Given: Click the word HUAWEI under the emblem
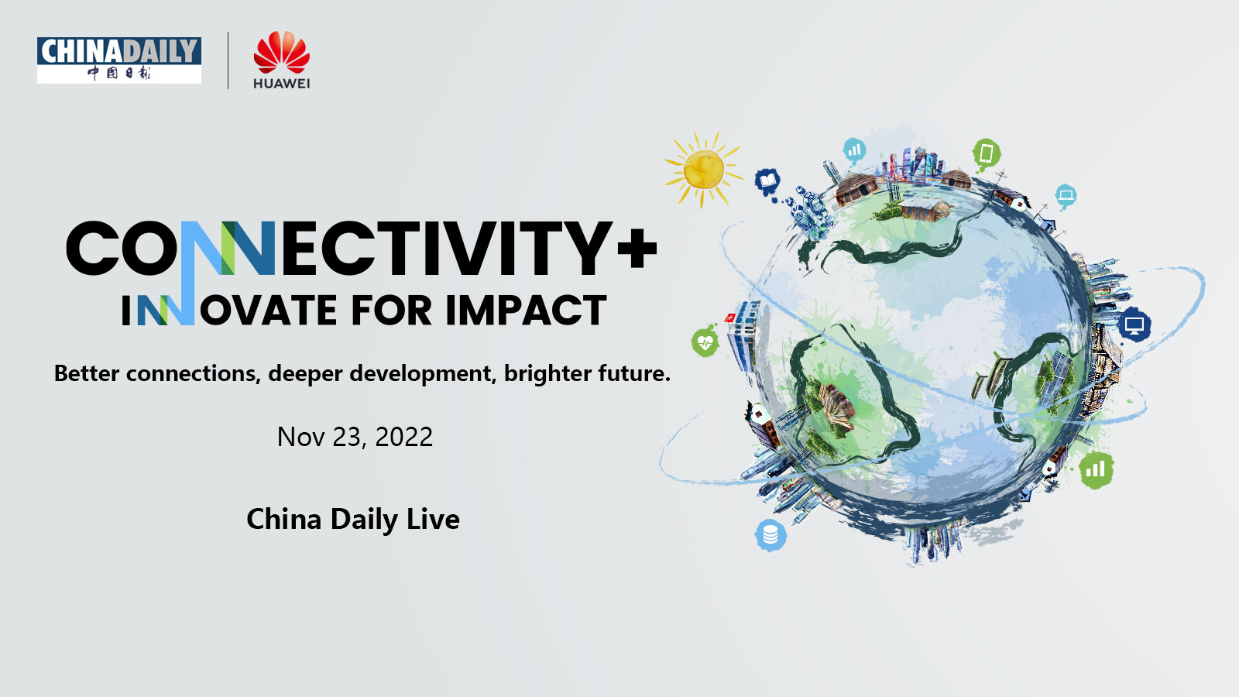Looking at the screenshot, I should tap(281, 84).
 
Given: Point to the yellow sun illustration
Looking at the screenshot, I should tap(703, 169).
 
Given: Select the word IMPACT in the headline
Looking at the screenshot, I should tap(525, 311).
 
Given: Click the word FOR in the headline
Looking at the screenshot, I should tap(390, 311).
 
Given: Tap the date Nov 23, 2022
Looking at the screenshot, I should tap(355, 437).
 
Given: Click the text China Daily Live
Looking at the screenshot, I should tap(353, 519).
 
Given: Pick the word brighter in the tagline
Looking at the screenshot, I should tap(547, 373).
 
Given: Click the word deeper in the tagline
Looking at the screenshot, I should tap(305, 373).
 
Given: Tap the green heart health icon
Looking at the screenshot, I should tap(705, 342).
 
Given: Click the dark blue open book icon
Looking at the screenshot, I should tap(767, 182).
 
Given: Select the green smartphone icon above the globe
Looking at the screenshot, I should tap(986, 153).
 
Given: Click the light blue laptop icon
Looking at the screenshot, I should tap(1066, 195).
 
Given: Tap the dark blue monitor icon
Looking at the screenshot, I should tap(1134, 325).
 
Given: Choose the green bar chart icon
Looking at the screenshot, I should tap(1096, 469).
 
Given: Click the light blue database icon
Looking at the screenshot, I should tap(771, 534).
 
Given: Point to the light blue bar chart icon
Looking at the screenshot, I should tap(854, 149).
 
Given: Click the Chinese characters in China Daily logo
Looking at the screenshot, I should tap(119, 73).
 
